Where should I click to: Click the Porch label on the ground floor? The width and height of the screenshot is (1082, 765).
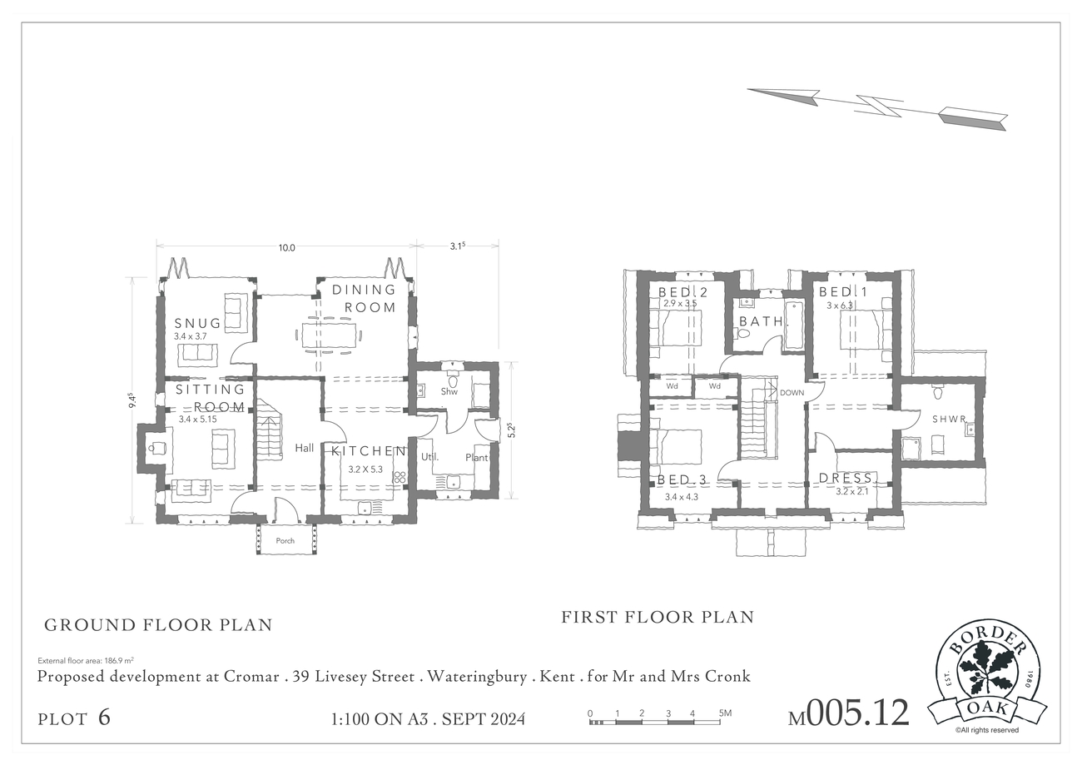(x=285, y=540)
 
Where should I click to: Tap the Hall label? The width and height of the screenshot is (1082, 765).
(x=305, y=448)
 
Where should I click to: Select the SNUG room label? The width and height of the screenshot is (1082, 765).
(x=198, y=323)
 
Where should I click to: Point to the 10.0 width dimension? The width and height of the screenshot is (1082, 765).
(x=286, y=248)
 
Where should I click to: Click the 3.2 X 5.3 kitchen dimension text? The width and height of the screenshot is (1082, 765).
(x=365, y=469)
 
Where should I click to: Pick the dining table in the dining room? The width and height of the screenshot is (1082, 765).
(x=330, y=335)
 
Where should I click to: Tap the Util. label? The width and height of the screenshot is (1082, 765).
(x=429, y=456)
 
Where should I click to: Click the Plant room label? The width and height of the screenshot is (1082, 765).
(x=476, y=457)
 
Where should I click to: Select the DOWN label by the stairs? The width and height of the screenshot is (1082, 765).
(x=792, y=393)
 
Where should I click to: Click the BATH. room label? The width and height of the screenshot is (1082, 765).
(x=764, y=321)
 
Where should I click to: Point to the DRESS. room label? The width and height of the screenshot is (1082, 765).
(x=848, y=478)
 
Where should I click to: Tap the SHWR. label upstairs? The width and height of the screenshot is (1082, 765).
(x=950, y=420)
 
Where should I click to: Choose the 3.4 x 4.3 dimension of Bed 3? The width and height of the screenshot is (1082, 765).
(x=681, y=496)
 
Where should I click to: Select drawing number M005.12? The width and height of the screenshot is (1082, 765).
(x=849, y=713)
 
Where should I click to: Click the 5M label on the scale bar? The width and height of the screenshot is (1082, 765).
(x=725, y=713)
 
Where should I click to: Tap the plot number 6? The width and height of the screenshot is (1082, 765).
(x=104, y=718)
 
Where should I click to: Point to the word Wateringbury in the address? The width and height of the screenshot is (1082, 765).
(x=477, y=677)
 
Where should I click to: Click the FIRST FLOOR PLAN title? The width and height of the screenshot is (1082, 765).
(x=658, y=617)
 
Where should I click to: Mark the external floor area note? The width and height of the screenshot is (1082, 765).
(x=86, y=661)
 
